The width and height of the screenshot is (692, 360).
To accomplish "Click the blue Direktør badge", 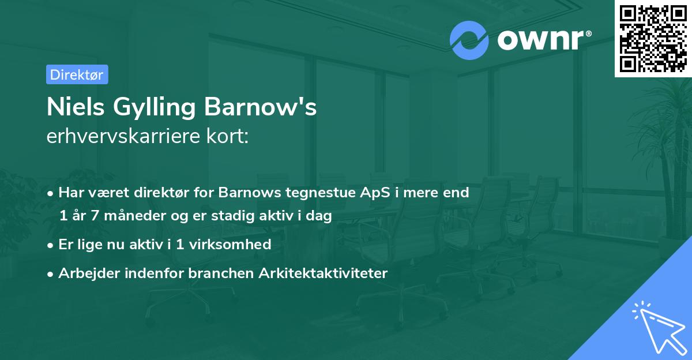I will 77,74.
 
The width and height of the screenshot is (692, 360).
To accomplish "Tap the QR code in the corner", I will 653,39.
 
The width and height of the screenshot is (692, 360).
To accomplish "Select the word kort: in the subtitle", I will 230,136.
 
